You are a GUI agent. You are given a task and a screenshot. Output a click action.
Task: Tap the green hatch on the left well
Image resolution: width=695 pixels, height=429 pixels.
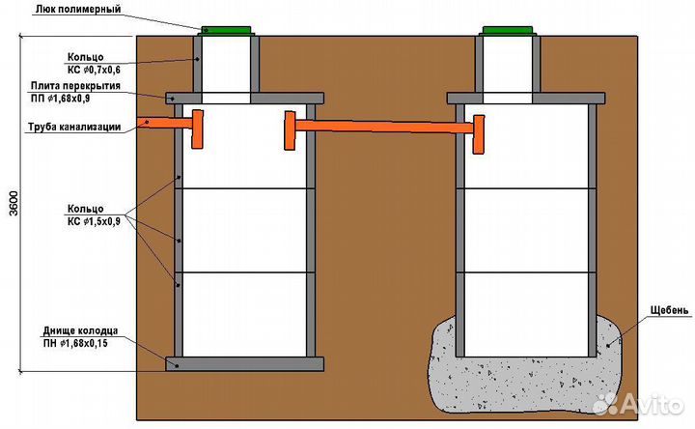coord(227,29)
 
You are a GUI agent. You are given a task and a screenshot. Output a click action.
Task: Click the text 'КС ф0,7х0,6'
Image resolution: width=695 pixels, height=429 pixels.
coord(94,71)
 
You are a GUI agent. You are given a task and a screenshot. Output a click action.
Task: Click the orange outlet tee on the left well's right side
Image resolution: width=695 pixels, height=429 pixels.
coord(288,129)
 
